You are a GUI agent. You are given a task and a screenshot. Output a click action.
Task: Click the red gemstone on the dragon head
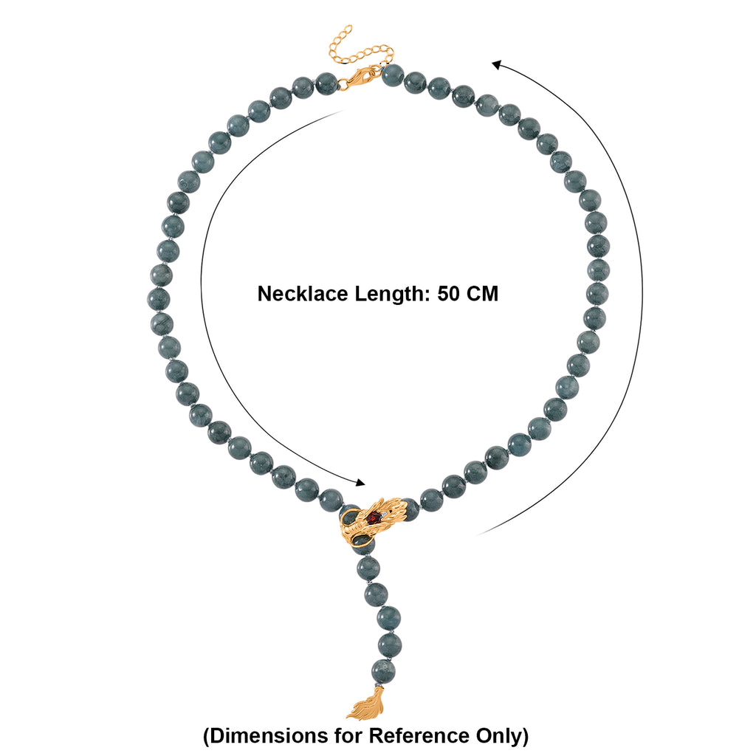tap(374, 518)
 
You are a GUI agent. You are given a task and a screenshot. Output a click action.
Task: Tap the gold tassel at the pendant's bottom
tap(366, 704)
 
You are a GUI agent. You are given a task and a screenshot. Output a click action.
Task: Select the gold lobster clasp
tap(360, 77)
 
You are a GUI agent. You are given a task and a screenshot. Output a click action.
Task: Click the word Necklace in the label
tap(302, 294)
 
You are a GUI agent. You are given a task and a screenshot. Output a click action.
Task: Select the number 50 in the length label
tap(448, 294)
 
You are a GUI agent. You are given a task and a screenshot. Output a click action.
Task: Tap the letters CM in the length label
tap(482, 294)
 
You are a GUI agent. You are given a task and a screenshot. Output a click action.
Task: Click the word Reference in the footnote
tap(419, 736)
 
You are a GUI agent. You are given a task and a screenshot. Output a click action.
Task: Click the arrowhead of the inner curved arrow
tap(360, 482)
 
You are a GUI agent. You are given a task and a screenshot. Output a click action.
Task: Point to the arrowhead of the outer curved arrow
tap(497, 65)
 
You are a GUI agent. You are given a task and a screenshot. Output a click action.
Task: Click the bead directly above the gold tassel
tap(383, 670)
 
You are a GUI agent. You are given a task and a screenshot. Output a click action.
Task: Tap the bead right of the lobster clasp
tap(393, 75)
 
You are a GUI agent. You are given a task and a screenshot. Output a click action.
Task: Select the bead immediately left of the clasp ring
tap(326, 83)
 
